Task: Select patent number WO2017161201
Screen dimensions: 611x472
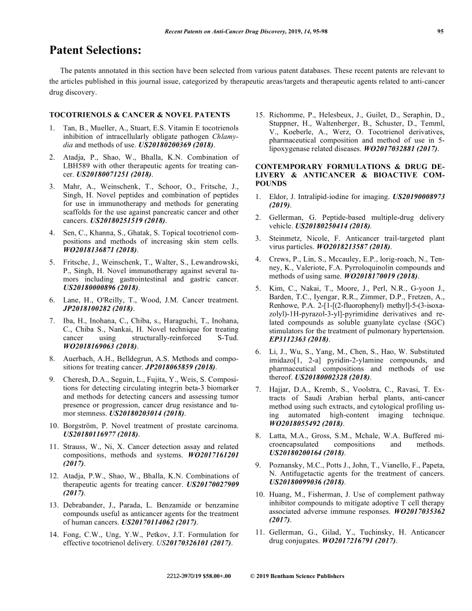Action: (213, 455)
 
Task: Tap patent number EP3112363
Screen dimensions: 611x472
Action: (293, 338)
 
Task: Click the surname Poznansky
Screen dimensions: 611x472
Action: (290, 465)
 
